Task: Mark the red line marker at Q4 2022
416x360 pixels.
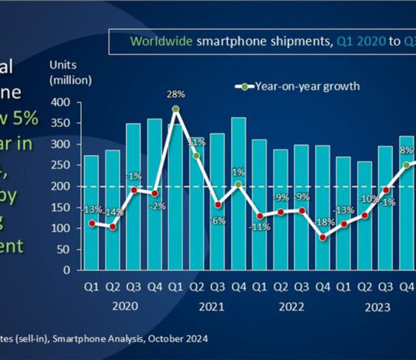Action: pyautogui.click(x=323, y=238)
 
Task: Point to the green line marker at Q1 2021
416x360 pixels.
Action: pyautogui.click(x=178, y=109)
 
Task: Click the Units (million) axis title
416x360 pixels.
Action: pyautogui.click(x=70, y=72)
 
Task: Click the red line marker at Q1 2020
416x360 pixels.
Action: pyautogui.click(x=93, y=223)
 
